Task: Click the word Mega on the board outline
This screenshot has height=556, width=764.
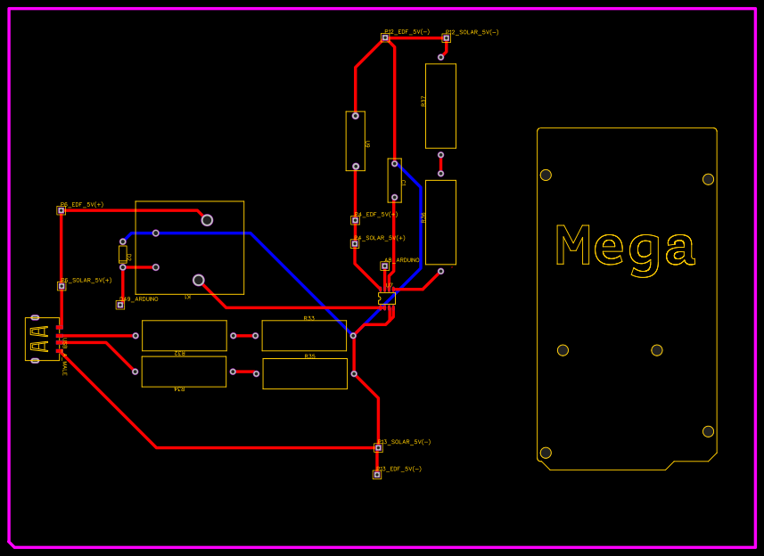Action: [624, 246]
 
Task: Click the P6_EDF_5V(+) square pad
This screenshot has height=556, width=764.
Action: [62, 210]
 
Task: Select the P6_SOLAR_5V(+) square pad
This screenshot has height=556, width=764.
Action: [62, 286]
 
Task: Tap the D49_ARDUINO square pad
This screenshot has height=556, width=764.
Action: [120, 305]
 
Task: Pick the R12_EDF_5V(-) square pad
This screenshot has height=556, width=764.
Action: [385, 37]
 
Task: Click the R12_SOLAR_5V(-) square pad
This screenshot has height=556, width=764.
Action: [446, 37]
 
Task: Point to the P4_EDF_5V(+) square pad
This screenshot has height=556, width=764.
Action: [355, 220]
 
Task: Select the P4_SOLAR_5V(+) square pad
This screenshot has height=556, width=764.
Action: [355, 243]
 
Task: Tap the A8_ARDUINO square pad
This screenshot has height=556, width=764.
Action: [385, 266]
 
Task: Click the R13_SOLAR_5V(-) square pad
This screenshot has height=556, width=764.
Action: [378, 447]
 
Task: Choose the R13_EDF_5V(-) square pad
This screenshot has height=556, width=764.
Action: [377, 474]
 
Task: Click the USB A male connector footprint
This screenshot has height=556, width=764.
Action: [41, 339]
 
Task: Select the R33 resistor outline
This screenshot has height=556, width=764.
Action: [304, 336]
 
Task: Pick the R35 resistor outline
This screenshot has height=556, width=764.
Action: [305, 373]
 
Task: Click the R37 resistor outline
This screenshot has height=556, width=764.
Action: [440, 105]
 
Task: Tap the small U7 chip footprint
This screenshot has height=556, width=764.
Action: [387, 298]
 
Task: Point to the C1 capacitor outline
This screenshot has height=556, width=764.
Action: [394, 180]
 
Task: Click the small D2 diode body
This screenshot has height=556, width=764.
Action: [123, 254]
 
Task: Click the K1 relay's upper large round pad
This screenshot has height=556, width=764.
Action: [207, 220]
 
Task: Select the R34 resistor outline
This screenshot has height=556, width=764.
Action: [184, 372]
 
